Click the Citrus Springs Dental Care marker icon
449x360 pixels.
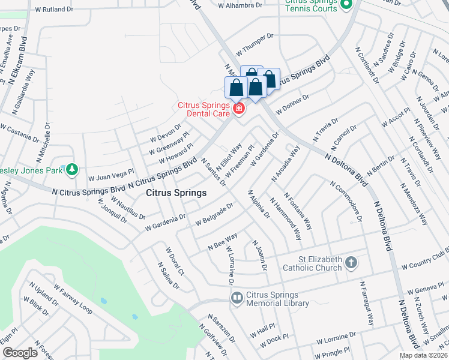[x=239, y=108]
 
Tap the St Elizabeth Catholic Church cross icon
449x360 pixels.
[x=351, y=262]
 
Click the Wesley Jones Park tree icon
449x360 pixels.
[x=72, y=170]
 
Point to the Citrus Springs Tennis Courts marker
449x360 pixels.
[x=346, y=5]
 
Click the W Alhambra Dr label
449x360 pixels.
[x=241, y=5]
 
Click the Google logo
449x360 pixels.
[x=19, y=353]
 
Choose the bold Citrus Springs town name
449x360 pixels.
[x=176, y=193]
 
